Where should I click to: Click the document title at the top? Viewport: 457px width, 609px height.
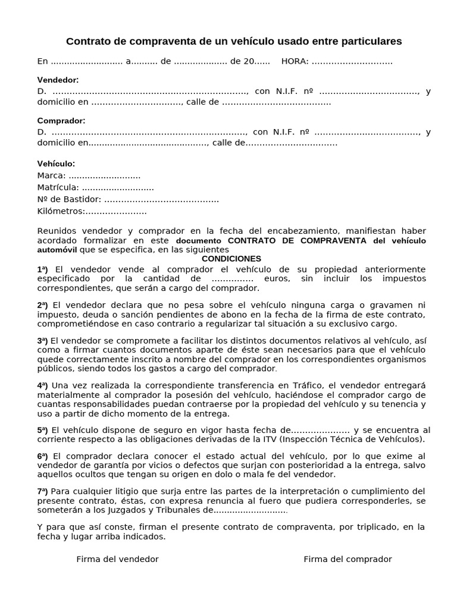click(x=234, y=41)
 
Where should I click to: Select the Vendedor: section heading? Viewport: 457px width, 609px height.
click(x=58, y=80)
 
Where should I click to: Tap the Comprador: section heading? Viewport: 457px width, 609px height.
click(x=61, y=121)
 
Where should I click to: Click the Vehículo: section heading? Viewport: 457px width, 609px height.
click(x=56, y=164)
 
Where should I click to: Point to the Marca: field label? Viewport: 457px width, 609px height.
click(x=51, y=175)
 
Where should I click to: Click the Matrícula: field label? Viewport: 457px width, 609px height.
click(x=58, y=187)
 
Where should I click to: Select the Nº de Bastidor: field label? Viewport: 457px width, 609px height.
click(x=69, y=199)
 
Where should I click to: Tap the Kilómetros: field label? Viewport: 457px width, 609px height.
click(x=61, y=211)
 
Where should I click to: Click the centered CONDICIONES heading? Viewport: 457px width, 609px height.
click(x=231, y=259)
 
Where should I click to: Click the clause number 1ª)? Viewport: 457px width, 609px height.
click(x=43, y=269)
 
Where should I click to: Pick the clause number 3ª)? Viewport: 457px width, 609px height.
click(x=43, y=341)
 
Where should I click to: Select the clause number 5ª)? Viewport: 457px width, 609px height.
click(x=43, y=430)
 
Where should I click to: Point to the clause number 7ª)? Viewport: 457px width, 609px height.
click(x=43, y=491)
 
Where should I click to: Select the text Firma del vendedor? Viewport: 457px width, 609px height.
click(x=117, y=559)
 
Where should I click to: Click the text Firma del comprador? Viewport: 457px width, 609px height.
click(x=348, y=559)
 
